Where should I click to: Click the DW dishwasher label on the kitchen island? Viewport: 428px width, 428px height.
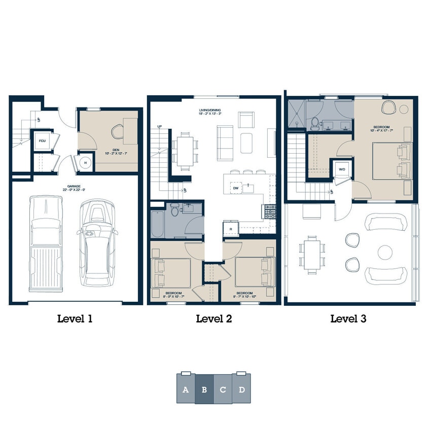pyautogui.click(x=236, y=188)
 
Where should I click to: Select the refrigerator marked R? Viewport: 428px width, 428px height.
pyautogui.click(x=231, y=229)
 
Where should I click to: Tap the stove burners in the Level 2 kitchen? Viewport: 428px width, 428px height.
pyautogui.click(x=269, y=210)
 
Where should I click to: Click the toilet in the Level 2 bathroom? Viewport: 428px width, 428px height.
pyautogui.click(x=174, y=210)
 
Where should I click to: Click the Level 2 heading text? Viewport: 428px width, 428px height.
pyautogui.click(x=213, y=319)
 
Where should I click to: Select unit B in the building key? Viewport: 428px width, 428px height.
pyautogui.click(x=204, y=389)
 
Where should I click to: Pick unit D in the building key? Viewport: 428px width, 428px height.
pyautogui.click(x=242, y=389)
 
